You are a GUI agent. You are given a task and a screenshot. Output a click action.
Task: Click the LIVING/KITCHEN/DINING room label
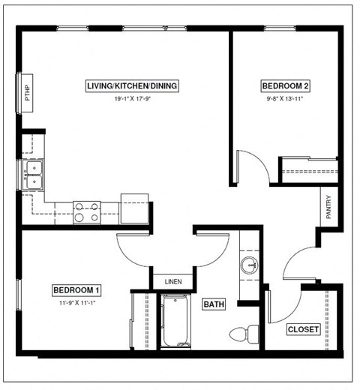(132, 85)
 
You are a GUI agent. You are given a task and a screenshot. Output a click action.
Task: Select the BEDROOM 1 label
(76, 290)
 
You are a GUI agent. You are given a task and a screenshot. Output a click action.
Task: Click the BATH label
(214, 304)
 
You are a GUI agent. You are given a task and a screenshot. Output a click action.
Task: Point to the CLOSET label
(304, 329)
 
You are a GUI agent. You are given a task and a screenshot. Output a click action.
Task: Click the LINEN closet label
(172, 281)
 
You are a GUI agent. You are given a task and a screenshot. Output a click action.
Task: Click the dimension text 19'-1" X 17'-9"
(132, 99)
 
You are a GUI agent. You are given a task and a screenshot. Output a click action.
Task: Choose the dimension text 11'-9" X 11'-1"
(76, 304)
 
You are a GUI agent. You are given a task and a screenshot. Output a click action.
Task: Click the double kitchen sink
(33, 175)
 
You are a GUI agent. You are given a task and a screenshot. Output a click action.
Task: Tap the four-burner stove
(87, 212)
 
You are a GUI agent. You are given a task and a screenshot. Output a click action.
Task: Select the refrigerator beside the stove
(135, 209)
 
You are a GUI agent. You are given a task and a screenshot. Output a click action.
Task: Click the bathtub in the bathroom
(176, 322)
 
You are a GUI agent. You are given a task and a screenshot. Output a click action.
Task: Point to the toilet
(243, 333)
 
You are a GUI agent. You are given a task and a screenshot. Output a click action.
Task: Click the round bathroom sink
(250, 265)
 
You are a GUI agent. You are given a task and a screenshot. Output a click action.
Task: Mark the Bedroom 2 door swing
(253, 166)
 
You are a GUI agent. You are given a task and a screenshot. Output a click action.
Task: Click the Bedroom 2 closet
(308, 170)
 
